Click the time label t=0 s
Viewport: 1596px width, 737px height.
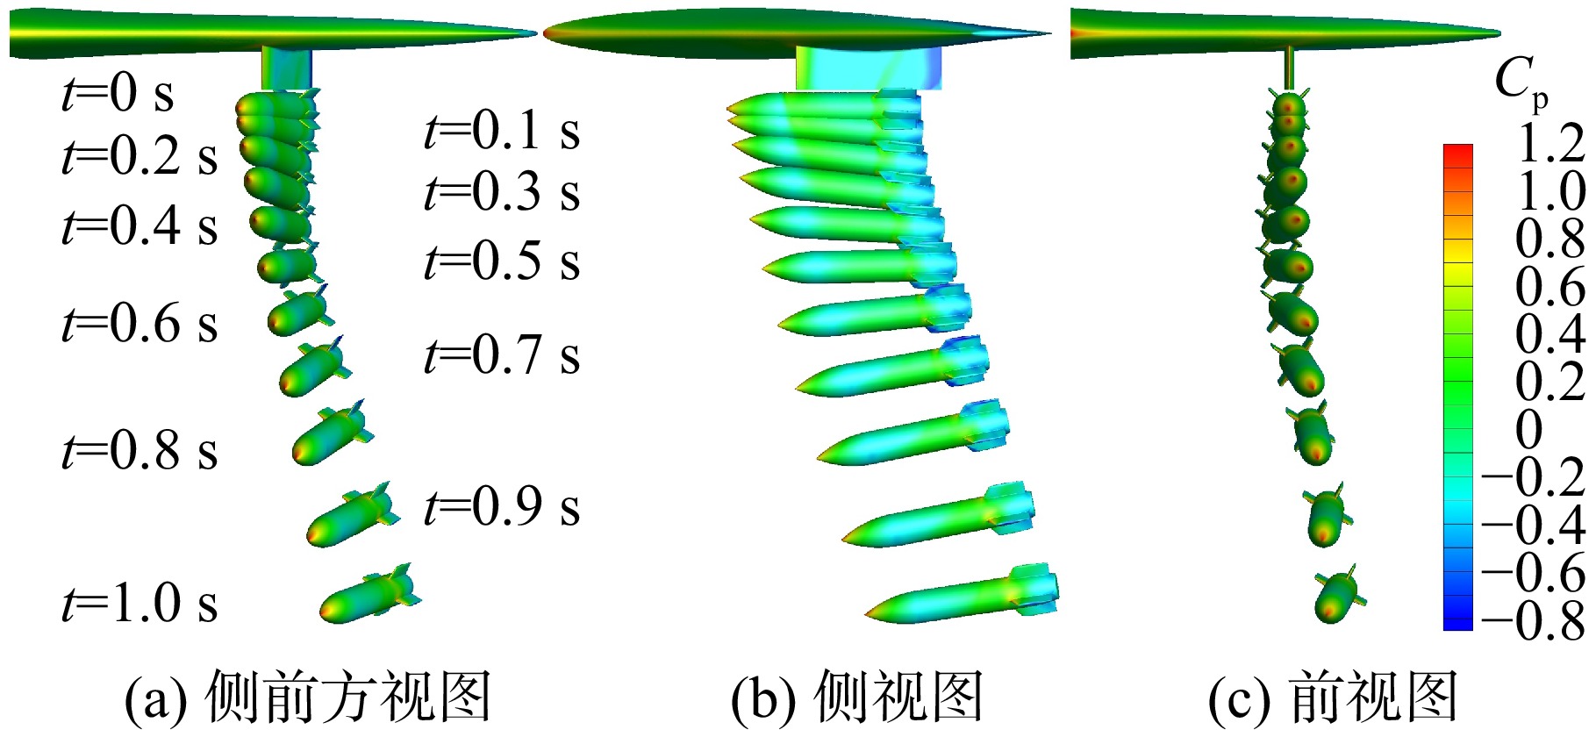point(118,93)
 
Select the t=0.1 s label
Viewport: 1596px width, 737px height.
point(502,132)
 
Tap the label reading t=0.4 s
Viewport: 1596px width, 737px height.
point(140,225)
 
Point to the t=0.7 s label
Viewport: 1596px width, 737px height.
point(502,356)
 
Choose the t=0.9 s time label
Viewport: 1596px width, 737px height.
point(502,507)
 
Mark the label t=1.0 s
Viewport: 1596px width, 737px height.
point(140,604)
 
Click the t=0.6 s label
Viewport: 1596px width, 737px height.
point(140,323)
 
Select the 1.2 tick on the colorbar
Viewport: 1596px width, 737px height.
point(1551,143)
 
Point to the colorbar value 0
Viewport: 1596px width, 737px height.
point(1528,429)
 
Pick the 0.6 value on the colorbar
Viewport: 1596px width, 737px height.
point(1551,286)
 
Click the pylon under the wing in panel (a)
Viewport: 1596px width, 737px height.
point(287,68)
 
